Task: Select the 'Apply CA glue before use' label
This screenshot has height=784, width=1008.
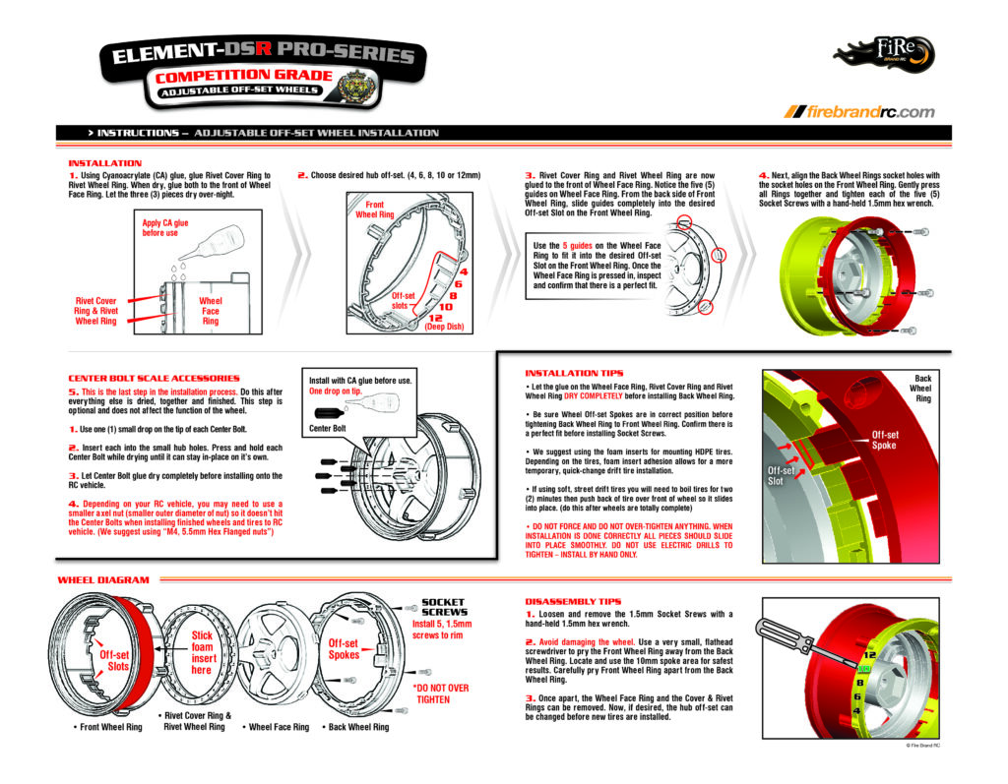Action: coord(164,228)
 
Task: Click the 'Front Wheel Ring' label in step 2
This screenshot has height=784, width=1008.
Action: coord(374,210)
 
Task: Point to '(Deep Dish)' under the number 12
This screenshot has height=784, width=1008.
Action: coord(444,328)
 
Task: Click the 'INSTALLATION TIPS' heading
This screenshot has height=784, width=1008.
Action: coord(574,373)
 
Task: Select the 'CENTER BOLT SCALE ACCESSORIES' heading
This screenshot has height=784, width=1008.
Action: coord(154,378)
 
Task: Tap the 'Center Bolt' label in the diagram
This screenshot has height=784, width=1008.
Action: coord(328,428)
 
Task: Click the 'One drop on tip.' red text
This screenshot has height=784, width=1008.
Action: coord(337,392)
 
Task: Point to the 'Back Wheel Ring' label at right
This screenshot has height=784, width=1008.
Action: coord(922,388)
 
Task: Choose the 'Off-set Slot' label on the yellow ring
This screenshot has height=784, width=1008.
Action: coord(782,476)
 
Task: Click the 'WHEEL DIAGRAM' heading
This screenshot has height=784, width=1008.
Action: coord(103,580)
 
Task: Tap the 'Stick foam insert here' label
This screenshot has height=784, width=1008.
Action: coord(202,652)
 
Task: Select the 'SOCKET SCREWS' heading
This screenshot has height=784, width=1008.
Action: coord(442,607)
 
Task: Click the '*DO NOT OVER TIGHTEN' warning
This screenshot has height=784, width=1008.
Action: coord(441,694)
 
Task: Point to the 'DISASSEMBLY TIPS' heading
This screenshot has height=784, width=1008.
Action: coord(573,599)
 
